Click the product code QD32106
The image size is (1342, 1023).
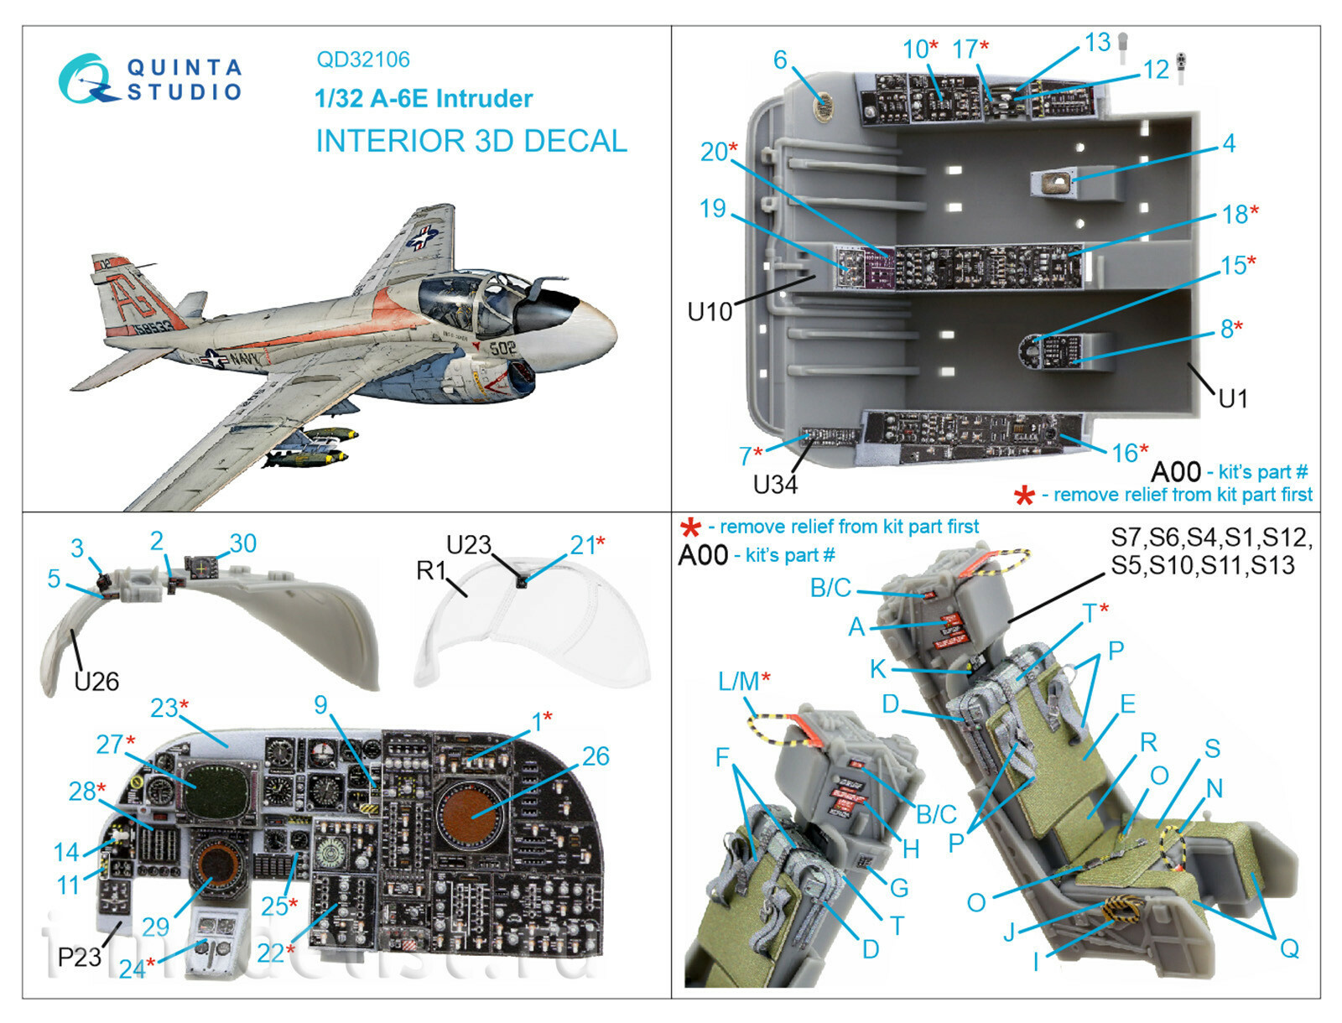click(x=362, y=60)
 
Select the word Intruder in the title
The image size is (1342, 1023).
click(x=484, y=99)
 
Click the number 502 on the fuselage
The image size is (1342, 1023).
click(x=502, y=346)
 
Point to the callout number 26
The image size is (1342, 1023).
click(x=595, y=756)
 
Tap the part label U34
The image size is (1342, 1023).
click(x=774, y=485)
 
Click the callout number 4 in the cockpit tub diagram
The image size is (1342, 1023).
click(x=1228, y=143)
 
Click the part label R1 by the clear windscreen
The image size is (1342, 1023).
click(x=431, y=570)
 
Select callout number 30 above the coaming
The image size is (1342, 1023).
click(x=243, y=543)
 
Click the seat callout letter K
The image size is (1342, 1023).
click(x=877, y=668)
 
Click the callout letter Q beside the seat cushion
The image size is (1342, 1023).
click(x=1289, y=948)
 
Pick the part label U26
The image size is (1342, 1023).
click(x=96, y=681)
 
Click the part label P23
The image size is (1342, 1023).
click(x=79, y=956)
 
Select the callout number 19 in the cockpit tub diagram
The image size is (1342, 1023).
click(x=712, y=208)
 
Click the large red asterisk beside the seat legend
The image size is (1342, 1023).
click(x=689, y=528)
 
